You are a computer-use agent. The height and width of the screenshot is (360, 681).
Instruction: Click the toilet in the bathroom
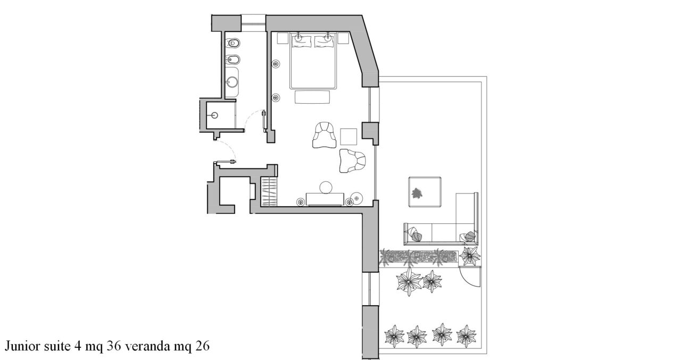pos(233,43)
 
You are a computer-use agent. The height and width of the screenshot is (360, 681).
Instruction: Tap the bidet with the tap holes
pos(233,59)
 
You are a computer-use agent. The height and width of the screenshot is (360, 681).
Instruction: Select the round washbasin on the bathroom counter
pos(232,82)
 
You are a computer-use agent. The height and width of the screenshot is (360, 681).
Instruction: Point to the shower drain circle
pos(214,115)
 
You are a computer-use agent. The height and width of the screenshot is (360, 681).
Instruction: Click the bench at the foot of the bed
pos(312,97)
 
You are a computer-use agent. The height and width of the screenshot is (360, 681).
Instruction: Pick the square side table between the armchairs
pos(348,137)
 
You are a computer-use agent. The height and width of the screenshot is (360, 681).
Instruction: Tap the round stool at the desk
pos(326,187)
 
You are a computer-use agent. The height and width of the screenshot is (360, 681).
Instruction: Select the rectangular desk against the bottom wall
pos(325,199)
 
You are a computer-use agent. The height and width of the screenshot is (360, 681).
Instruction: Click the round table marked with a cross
pos(357,198)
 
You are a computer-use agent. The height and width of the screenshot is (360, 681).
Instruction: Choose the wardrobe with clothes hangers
pos(269,192)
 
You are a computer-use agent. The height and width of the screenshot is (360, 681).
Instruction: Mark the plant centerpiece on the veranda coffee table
pos(417,193)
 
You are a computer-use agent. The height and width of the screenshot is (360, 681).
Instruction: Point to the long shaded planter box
pos(420,257)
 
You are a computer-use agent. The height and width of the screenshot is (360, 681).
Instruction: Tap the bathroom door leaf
pos(264,121)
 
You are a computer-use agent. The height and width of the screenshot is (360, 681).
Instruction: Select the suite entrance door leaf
pos(225,162)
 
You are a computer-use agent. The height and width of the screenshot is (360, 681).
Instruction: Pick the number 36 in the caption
pos(114,346)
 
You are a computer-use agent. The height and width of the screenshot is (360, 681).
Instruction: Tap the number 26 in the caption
pos(202,346)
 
